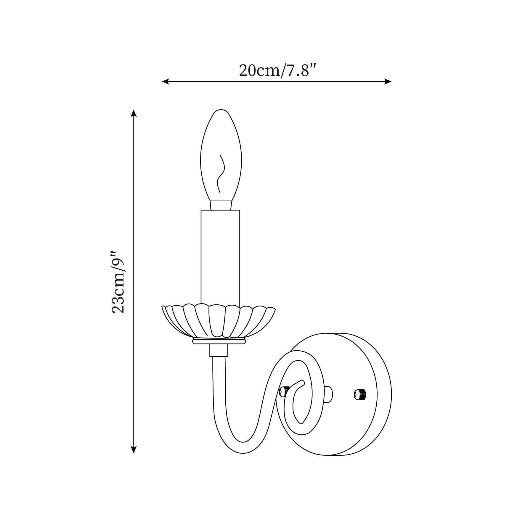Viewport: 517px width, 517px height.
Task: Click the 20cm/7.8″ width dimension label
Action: pyautogui.click(x=276, y=70)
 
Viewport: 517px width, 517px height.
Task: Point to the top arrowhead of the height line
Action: pyautogui.click(x=134, y=113)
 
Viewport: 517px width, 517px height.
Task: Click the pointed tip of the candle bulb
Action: pyautogui.click(x=221, y=111)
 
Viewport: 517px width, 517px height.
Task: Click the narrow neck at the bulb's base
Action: pyautogui.click(x=221, y=205)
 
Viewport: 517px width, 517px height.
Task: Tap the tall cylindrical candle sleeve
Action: pyautogui.click(x=220, y=255)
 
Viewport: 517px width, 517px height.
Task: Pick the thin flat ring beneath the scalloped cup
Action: pyautogui.click(x=219, y=342)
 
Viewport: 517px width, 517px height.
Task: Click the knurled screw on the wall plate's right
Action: pyautogui.click(x=360, y=394)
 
